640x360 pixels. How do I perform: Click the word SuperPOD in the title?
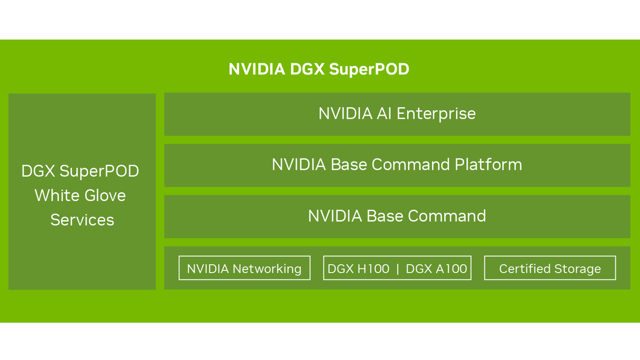[369, 69]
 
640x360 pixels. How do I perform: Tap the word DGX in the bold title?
[307, 69]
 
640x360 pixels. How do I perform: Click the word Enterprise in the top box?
[436, 114]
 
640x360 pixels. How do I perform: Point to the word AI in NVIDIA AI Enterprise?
[384, 114]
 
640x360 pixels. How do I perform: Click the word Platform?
[488, 165]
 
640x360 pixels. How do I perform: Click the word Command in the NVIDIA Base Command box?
[446, 216]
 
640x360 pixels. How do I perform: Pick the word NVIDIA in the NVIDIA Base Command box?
[334, 216]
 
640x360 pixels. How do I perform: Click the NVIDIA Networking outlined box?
[244, 268]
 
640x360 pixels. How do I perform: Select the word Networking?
[267, 269]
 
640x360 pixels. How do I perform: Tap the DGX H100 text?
[358, 269]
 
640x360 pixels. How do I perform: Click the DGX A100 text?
[436, 269]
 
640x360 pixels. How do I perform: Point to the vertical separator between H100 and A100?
[398, 269]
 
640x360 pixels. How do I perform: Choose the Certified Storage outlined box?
[550, 268]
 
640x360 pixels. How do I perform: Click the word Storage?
[577, 269]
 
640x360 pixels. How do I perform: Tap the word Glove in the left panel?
[105, 195]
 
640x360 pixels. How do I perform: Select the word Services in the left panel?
[82, 220]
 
